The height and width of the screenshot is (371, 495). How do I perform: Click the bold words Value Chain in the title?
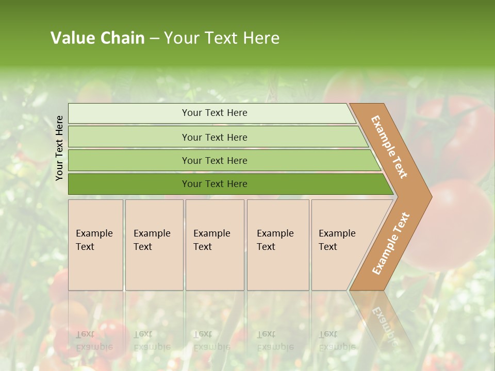tap(97, 38)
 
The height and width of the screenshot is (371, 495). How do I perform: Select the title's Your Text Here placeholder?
tap(222, 38)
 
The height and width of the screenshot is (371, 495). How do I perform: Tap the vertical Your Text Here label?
tap(59, 148)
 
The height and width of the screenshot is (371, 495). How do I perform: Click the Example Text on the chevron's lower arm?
tap(390, 244)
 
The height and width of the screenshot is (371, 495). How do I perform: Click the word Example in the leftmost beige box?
tap(94, 233)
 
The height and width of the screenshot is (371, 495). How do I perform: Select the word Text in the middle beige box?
tap(203, 247)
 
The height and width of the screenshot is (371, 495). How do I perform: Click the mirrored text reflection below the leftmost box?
tap(94, 340)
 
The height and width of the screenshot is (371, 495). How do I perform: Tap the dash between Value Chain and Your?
tap(154, 39)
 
